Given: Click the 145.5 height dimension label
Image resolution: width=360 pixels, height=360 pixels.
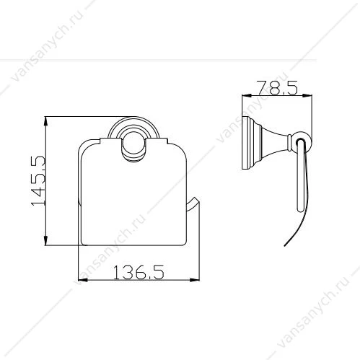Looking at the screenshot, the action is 38,180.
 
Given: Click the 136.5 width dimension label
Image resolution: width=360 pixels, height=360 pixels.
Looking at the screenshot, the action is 139,272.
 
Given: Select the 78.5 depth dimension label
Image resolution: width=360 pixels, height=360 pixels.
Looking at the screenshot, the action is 278,87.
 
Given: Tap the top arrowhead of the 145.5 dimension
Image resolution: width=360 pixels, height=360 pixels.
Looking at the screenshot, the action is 45,122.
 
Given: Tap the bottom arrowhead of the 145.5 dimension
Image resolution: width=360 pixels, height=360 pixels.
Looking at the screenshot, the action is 45,240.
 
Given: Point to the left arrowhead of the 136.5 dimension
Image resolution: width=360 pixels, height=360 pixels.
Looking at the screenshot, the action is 84,280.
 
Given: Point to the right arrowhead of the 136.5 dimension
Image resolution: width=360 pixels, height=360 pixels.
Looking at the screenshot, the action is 194,280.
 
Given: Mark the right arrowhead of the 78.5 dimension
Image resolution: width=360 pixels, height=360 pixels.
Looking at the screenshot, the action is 307,96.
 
